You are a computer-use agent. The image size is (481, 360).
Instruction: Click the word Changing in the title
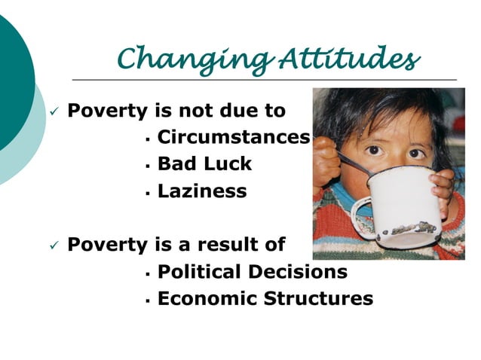coord(179,58)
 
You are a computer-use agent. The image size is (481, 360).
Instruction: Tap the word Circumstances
coord(233,138)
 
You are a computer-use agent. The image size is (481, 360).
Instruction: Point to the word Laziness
coord(201,191)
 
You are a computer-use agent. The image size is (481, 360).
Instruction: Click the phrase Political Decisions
coord(252,272)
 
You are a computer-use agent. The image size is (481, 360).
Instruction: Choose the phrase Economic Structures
coord(265,298)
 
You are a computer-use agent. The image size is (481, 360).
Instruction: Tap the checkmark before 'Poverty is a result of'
coord(54,246)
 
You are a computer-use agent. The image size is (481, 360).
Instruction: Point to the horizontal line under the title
coord(264,80)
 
